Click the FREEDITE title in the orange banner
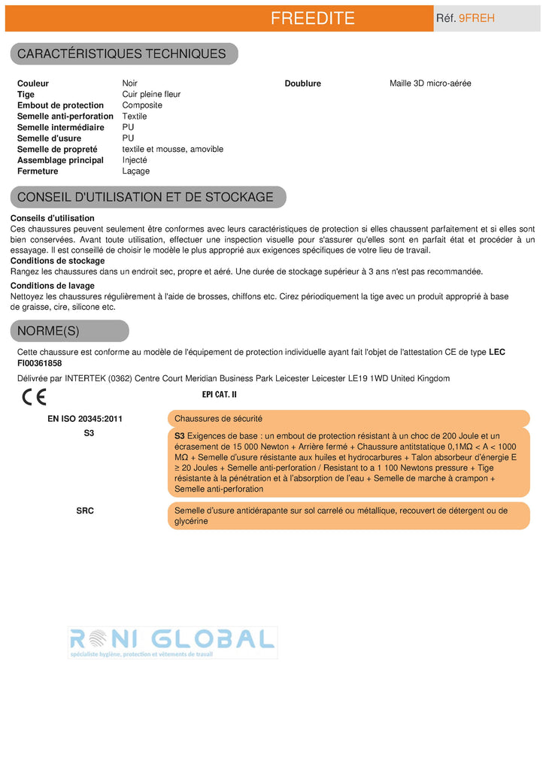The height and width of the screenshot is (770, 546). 312,19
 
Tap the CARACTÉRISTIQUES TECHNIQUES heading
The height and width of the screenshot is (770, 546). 121,53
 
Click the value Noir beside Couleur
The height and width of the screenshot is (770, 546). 130,83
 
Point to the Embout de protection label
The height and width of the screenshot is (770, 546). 60,105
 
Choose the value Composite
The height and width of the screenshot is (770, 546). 142,105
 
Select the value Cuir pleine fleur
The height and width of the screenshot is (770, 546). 151,95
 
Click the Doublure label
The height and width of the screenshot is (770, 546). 302,83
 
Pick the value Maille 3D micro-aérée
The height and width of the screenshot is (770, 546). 430,83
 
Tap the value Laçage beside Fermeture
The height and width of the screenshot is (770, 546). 136,171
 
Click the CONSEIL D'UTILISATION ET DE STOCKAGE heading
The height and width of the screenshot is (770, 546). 145,197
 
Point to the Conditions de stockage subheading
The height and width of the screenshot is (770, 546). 57,261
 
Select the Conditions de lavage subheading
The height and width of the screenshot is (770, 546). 53,286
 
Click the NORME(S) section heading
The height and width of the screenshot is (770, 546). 48,331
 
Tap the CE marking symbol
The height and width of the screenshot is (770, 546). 35,396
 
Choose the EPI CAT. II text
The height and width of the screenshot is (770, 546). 220,394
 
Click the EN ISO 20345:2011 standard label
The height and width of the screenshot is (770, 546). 85,419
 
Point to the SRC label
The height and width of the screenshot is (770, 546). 85,511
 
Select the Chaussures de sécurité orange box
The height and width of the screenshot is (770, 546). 348,419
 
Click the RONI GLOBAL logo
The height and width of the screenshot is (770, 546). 172,642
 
